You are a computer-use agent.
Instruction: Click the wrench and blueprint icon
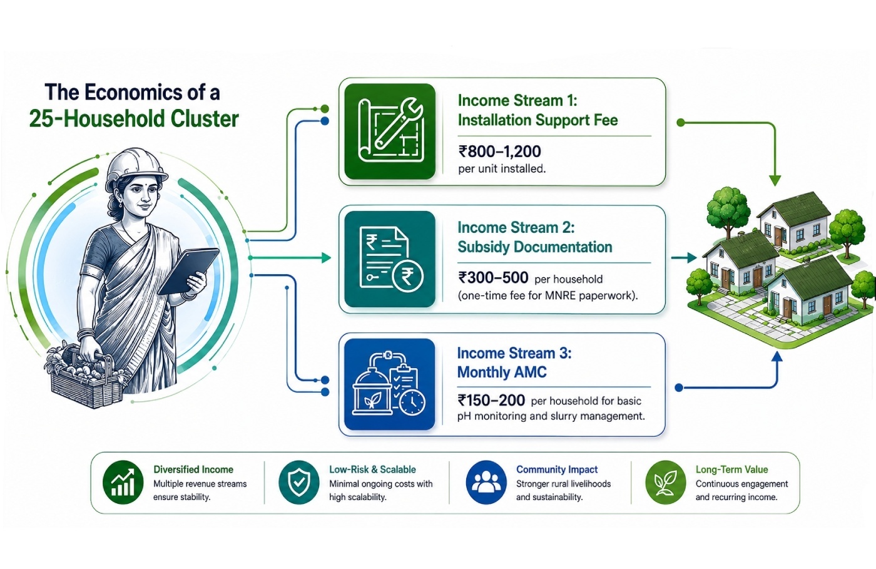click(x=390, y=131)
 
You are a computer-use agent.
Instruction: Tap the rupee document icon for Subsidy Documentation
click(x=390, y=259)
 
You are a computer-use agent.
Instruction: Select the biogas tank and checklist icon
click(x=389, y=384)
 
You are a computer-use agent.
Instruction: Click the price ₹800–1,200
click(x=500, y=151)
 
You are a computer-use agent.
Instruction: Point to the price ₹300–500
click(x=493, y=277)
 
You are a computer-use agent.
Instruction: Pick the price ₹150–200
click(x=491, y=400)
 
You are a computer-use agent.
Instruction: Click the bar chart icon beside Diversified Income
click(x=123, y=483)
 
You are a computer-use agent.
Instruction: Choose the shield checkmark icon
click(x=299, y=483)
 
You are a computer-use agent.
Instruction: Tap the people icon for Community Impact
click(x=486, y=483)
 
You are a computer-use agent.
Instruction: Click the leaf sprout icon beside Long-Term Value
click(x=666, y=483)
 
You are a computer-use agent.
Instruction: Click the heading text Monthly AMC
click(x=502, y=372)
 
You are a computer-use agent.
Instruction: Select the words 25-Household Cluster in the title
click(x=134, y=119)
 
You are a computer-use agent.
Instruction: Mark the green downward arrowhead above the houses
click(x=775, y=180)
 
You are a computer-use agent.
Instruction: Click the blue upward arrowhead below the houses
click(x=777, y=357)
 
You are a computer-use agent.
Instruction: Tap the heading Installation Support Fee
click(x=537, y=120)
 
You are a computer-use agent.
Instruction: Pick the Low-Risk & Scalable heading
click(x=372, y=469)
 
